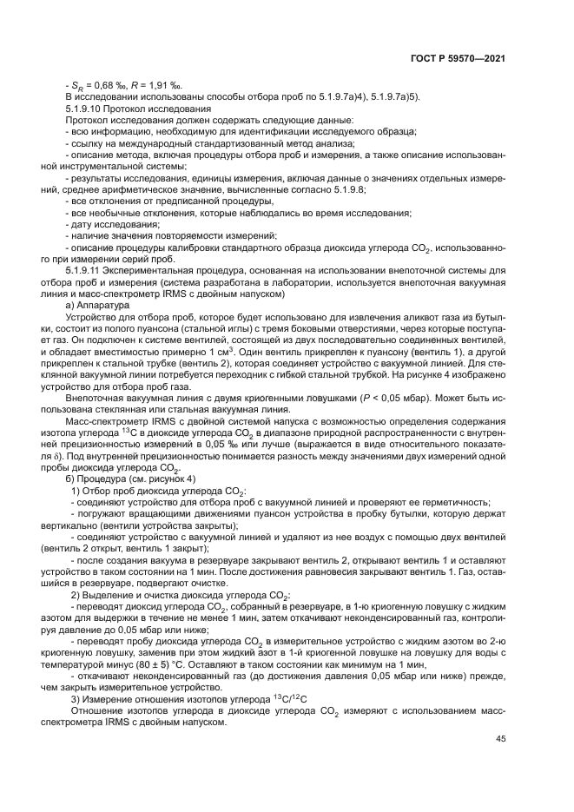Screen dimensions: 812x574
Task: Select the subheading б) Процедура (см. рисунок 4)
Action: pos(130,479)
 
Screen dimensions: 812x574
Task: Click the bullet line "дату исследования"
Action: pos(113,222)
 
